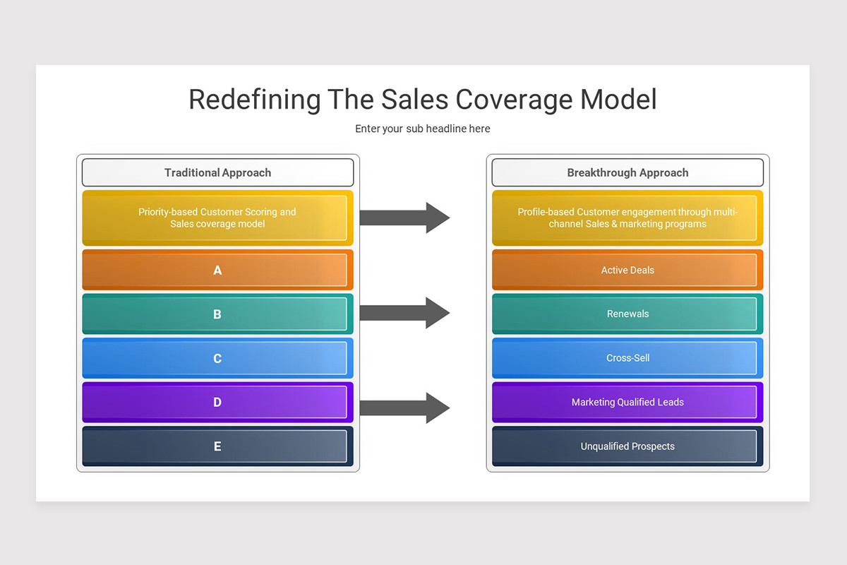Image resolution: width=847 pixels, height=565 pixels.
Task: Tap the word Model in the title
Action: [618, 100]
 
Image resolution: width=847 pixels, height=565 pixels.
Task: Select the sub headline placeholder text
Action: [423, 129]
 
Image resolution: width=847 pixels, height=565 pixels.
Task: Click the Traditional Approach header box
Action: [217, 172]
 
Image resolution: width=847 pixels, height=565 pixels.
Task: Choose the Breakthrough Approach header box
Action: [627, 172]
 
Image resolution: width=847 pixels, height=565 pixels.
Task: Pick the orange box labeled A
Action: [217, 270]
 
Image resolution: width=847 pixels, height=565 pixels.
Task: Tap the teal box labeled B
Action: [217, 314]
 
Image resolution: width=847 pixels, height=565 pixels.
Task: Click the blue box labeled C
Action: [217, 358]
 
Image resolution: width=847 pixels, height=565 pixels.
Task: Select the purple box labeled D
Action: [217, 403]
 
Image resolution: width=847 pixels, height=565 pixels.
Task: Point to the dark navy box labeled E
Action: [217, 446]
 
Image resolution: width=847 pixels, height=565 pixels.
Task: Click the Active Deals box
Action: [627, 270]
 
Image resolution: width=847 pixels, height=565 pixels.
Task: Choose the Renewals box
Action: [627, 314]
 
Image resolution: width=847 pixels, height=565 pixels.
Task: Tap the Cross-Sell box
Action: [627, 358]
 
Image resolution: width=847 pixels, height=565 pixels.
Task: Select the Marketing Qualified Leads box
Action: [627, 403]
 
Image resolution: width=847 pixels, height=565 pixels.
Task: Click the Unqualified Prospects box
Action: [627, 446]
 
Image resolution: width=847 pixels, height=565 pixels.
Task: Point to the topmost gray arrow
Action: [404, 218]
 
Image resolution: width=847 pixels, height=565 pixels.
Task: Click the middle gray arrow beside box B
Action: [404, 313]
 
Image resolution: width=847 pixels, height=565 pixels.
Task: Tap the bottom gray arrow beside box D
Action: [404, 408]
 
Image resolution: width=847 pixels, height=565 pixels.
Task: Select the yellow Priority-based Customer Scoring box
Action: [217, 218]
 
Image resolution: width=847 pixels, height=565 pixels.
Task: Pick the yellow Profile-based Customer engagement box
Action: [627, 218]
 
